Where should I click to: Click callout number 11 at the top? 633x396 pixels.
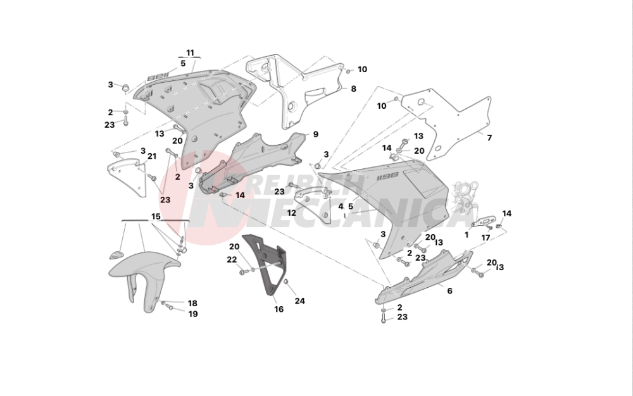click(x=190, y=52)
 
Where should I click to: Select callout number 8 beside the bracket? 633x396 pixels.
click(x=353, y=89)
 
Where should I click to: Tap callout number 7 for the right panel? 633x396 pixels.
click(x=488, y=137)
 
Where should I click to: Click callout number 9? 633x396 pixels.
click(x=315, y=134)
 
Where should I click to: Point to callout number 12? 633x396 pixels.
click(x=291, y=214)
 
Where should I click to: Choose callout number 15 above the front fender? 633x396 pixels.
click(x=155, y=216)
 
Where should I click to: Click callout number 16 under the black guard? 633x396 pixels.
click(x=279, y=309)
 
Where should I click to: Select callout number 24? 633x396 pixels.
click(x=299, y=301)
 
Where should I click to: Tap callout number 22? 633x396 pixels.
click(x=232, y=260)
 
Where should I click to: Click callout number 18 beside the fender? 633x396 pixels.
click(x=192, y=304)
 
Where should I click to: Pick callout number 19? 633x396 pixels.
click(x=192, y=314)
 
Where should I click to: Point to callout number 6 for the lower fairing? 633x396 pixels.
click(x=449, y=292)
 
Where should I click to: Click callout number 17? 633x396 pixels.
click(x=486, y=238)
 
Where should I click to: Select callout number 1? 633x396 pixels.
click(x=467, y=234)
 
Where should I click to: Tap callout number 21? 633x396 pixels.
click(x=151, y=156)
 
